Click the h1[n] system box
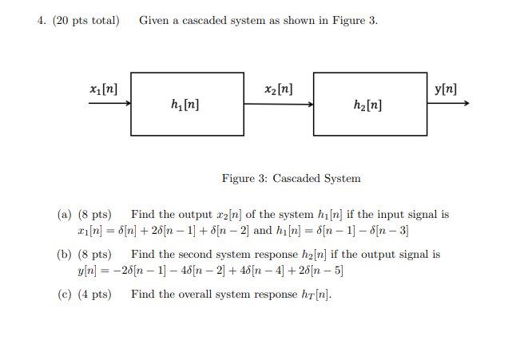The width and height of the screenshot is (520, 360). tap(188, 104)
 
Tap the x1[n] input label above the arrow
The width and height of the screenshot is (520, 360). tap(105, 88)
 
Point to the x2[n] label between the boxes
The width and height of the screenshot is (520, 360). tap(278, 88)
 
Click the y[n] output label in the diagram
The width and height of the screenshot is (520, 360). tap(445, 88)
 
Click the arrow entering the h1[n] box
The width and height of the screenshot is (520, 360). tap(110, 103)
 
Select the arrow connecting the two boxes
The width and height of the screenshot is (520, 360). tap(279, 103)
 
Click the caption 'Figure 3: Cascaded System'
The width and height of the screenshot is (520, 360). tap(291, 178)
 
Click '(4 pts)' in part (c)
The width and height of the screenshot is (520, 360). tap(95, 295)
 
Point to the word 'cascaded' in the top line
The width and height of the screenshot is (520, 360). tap(204, 20)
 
